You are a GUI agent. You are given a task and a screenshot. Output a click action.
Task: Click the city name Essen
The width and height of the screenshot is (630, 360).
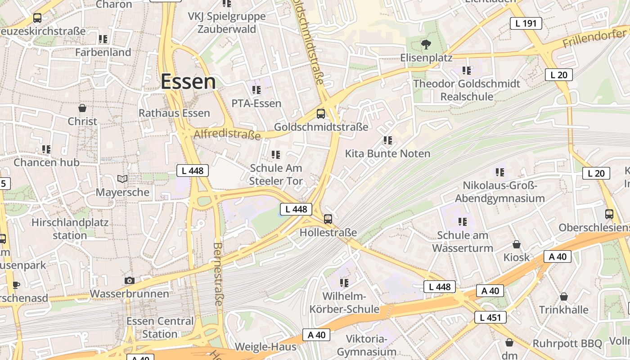(188, 82)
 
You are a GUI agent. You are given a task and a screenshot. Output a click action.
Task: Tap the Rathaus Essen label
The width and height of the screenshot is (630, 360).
(174, 113)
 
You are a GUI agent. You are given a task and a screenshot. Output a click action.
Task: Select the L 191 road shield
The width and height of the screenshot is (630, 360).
(526, 23)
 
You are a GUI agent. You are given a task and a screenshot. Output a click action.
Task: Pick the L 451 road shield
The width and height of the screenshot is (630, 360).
(490, 317)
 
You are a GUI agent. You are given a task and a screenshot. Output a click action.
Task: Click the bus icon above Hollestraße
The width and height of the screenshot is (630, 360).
(328, 219)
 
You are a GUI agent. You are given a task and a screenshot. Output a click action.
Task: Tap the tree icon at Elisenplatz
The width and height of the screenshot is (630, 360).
(426, 44)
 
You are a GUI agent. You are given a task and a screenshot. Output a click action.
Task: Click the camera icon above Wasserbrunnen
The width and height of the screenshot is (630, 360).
(130, 280)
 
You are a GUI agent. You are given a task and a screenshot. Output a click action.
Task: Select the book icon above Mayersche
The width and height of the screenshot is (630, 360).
(122, 179)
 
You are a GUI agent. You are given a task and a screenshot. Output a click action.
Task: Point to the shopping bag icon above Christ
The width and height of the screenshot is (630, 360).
(82, 108)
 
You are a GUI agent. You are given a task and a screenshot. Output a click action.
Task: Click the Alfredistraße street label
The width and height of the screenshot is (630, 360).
(227, 134)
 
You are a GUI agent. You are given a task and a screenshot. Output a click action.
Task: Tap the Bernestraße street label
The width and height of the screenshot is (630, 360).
(218, 274)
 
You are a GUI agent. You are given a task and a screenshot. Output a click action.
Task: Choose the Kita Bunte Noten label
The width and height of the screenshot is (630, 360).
(387, 153)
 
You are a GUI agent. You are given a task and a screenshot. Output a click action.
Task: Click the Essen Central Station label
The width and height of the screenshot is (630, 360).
(160, 328)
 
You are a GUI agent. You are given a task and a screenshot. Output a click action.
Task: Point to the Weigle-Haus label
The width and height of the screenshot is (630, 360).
(265, 346)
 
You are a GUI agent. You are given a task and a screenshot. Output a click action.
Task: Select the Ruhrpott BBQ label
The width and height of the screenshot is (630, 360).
(567, 343)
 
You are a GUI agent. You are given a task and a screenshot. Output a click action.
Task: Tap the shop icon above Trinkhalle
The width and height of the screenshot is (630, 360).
(563, 297)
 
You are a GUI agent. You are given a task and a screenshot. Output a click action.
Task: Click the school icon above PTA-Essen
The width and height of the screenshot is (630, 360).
(256, 90)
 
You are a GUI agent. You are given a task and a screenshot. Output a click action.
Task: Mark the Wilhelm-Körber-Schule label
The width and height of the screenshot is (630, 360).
(344, 303)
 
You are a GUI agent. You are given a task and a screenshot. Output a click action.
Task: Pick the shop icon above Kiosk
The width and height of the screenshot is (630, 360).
(517, 244)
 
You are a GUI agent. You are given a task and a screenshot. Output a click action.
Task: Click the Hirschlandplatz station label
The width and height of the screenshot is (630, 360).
(70, 229)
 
